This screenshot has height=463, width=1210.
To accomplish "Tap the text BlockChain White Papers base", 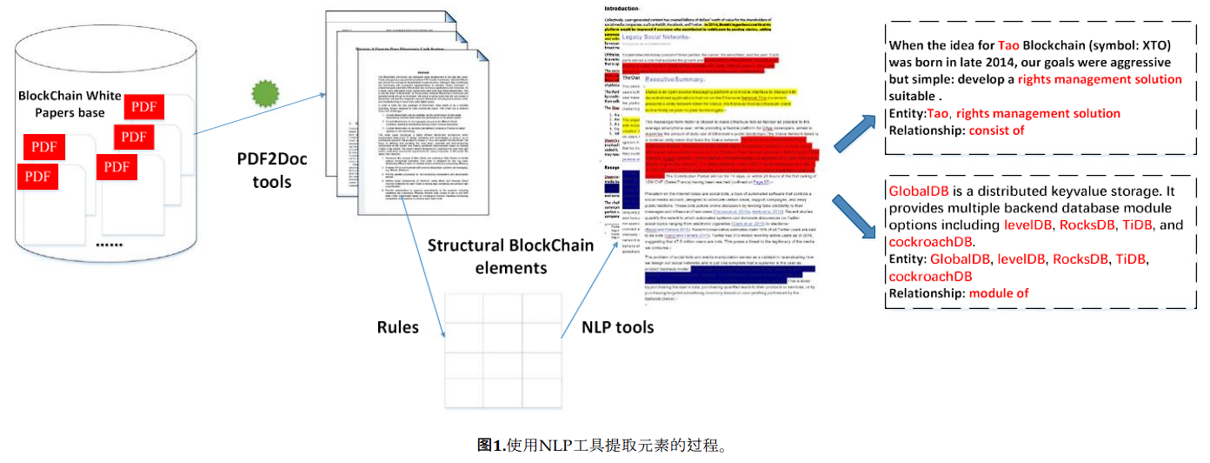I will tap(69, 104).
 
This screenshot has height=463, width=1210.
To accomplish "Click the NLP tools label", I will tap(618, 327).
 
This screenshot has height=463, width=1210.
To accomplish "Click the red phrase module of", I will tap(999, 293).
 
